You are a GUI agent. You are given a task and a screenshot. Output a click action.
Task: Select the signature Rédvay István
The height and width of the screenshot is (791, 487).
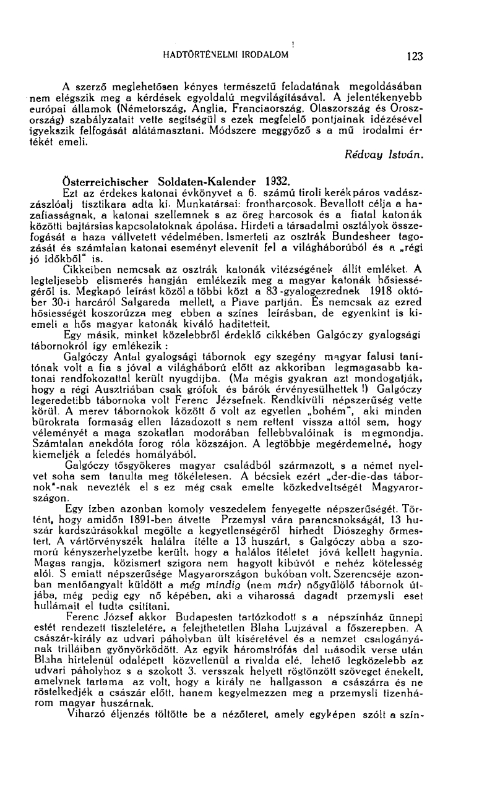(x=387, y=155)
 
